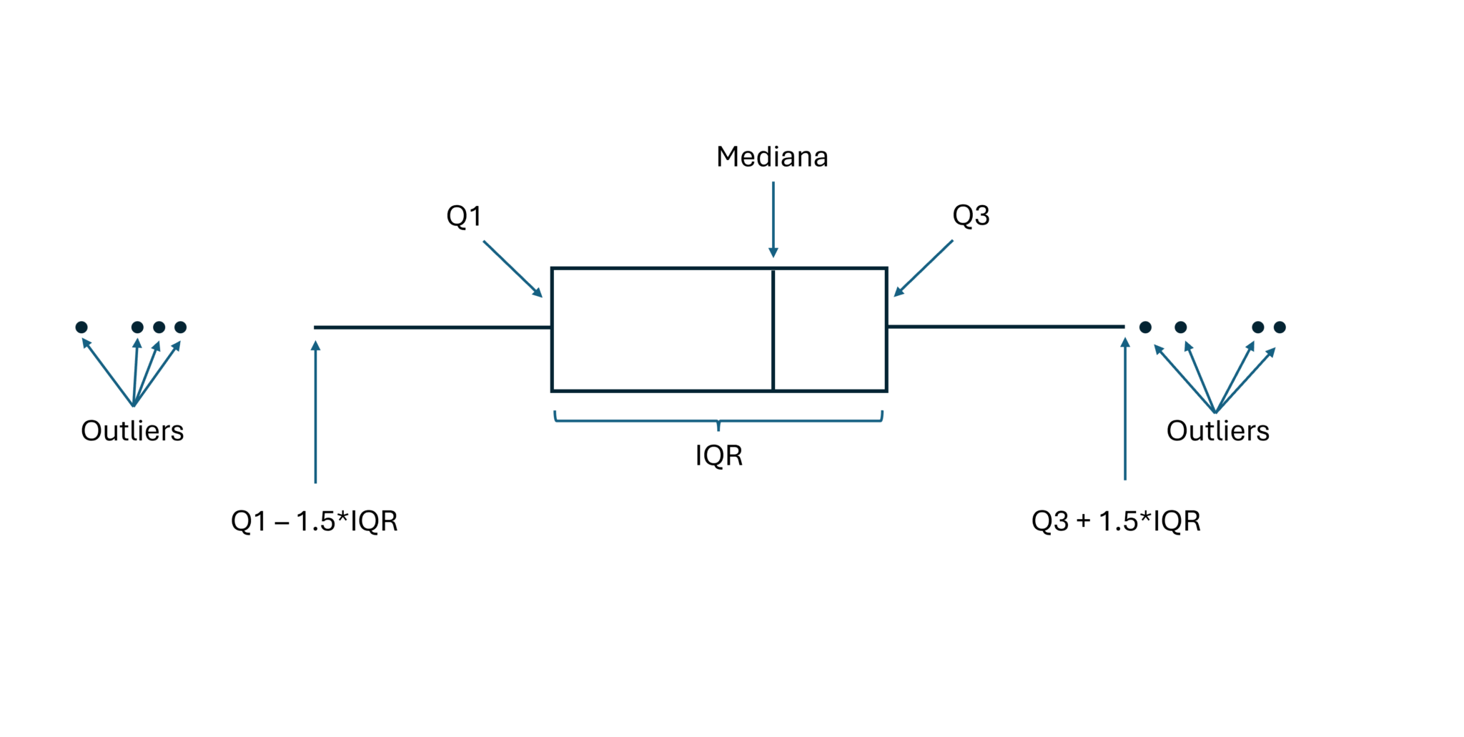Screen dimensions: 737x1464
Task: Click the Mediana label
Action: pyautogui.click(x=772, y=157)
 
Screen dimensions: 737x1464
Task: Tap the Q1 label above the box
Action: pyautogui.click(x=464, y=216)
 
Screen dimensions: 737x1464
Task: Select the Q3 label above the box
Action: pyautogui.click(x=971, y=215)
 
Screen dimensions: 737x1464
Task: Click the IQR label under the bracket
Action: pyautogui.click(x=719, y=455)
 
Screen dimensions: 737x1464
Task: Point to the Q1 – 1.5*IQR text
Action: pyautogui.click(x=314, y=521)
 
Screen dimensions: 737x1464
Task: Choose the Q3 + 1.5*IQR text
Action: pyautogui.click(x=1116, y=521)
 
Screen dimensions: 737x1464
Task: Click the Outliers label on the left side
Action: pyautogui.click(x=132, y=431)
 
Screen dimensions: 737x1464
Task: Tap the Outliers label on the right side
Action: pyautogui.click(x=1217, y=431)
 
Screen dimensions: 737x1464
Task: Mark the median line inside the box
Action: pyautogui.click(x=773, y=330)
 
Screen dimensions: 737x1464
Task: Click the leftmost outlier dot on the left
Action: pyautogui.click(x=81, y=327)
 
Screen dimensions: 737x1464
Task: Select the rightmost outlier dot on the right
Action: pyautogui.click(x=1280, y=327)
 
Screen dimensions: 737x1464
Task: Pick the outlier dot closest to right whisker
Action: pyautogui.click(x=1145, y=327)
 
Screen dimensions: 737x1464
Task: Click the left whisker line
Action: pyautogui.click(x=432, y=327)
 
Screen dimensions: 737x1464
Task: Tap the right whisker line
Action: pyautogui.click(x=1005, y=327)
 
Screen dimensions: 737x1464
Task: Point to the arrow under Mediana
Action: pyautogui.click(x=773, y=219)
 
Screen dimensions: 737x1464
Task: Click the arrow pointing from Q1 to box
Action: pyautogui.click(x=512, y=268)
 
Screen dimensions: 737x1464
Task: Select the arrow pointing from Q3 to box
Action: pyautogui.click(x=924, y=268)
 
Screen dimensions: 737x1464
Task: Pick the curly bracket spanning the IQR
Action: pyautogui.click(x=718, y=420)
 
